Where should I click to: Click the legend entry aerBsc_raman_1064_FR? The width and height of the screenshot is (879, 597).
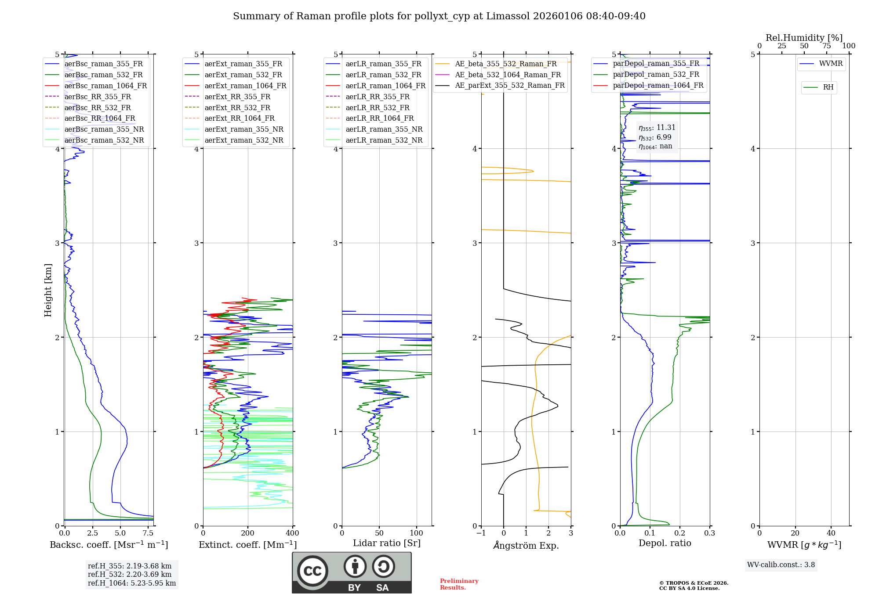(105, 86)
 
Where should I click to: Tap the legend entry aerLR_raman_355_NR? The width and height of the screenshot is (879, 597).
(384, 129)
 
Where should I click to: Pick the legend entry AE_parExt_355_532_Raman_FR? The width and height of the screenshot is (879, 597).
(509, 85)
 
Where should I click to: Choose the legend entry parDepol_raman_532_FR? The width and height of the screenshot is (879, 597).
(656, 74)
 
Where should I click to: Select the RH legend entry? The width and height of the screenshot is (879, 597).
(828, 87)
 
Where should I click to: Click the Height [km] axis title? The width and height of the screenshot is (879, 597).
(48, 290)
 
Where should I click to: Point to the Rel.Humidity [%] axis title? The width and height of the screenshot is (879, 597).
(804, 38)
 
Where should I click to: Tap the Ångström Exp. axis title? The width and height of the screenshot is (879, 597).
(526, 545)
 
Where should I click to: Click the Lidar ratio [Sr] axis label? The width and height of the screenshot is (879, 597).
(387, 543)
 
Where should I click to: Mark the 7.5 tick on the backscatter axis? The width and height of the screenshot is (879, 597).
(148, 533)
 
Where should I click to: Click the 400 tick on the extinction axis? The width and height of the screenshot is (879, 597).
(293, 533)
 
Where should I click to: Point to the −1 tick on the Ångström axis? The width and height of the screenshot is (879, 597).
(481, 533)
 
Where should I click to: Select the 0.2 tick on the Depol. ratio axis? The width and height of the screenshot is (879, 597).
(680, 533)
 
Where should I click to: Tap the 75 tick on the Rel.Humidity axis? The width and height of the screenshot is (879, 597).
(827, 46)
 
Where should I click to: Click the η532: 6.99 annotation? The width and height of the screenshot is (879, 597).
(655, 137)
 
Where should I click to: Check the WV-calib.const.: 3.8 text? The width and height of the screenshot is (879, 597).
(781, 565)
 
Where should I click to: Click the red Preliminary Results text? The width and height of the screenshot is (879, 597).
(459, 584)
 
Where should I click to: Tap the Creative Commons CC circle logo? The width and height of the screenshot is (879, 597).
(312, 571)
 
